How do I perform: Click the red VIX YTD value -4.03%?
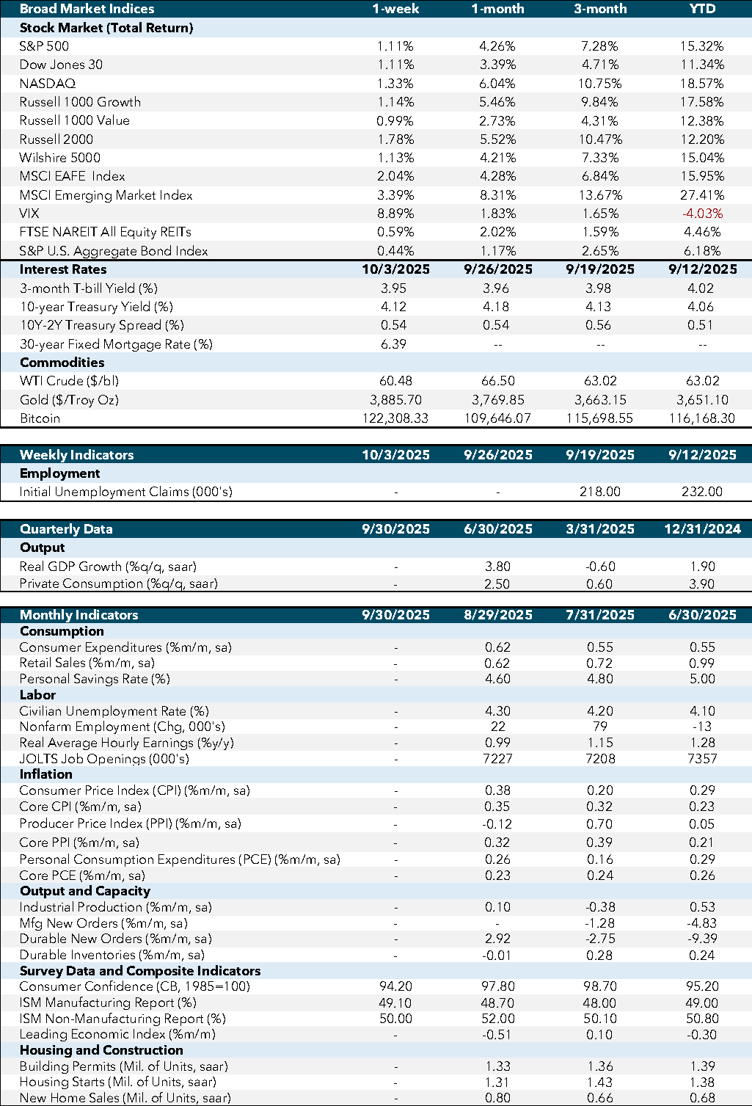point(701,214)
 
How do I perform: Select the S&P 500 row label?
point(44,46)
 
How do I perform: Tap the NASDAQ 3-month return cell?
point(599,84)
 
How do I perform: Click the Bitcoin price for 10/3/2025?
point(395,418)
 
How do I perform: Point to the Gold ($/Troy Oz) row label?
point(69,400)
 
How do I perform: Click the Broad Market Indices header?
point(87,9)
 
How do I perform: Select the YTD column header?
point(701,9)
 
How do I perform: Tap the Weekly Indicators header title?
point(76,454)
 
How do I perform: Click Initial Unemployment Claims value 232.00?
point(701,492)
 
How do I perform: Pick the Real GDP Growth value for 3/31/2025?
point(599,567)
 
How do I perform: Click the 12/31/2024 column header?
point(701,529)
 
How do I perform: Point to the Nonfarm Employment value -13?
point(701,727)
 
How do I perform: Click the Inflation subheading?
point(45,774)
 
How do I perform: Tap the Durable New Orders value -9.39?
point(701,939)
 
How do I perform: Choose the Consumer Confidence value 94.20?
point(395,986)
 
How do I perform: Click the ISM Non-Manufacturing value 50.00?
point(395,1019)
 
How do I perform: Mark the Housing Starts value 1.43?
point(599,1082)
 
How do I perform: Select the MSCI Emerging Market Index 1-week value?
point(395,195)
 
